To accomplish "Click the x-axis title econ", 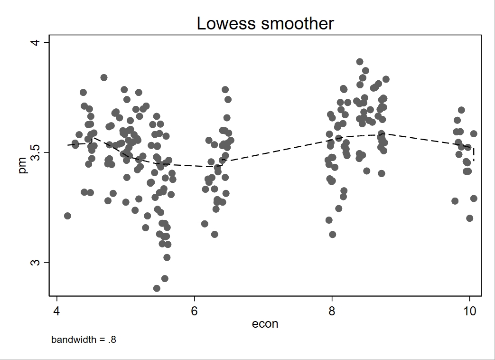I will point(265,324).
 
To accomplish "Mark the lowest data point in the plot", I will point(157,288).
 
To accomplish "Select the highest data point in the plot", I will point(360,62).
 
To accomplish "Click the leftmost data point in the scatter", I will point(67,216).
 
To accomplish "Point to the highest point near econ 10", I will point(461,110).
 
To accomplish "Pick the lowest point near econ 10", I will point(469,218).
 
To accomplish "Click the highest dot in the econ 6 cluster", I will point(225,90).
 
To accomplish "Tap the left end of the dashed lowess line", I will point(68,145).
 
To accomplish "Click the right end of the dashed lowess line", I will point(474,161).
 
